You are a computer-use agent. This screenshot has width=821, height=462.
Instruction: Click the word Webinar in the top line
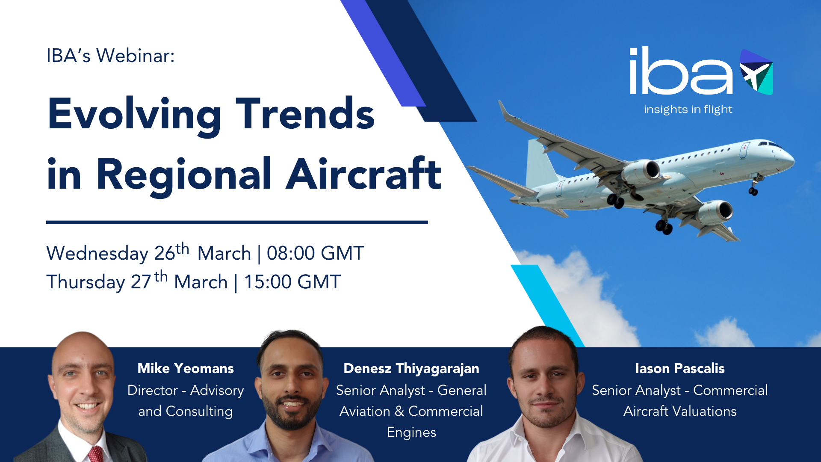click(x=135, y=56)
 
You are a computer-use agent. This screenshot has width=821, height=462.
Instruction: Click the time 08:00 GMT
click(x=316, y=253)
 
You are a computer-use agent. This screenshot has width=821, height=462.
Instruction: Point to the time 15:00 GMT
click(x=292, y=282)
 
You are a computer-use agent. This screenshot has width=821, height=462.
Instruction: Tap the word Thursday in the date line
click(x=86, y=282)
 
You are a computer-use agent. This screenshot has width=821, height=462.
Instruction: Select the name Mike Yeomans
click(x=186, y=368)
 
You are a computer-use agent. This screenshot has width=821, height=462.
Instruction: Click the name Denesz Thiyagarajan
click(x=411, y=369)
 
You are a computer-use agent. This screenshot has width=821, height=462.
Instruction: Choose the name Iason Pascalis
click(x=680, y=368)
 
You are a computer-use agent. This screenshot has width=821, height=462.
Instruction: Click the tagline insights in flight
click(x=688, y=110)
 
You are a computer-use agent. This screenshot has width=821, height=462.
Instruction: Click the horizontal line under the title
click(x=237, y=222)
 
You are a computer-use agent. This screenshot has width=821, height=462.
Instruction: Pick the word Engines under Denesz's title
click(x=411, y=432)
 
